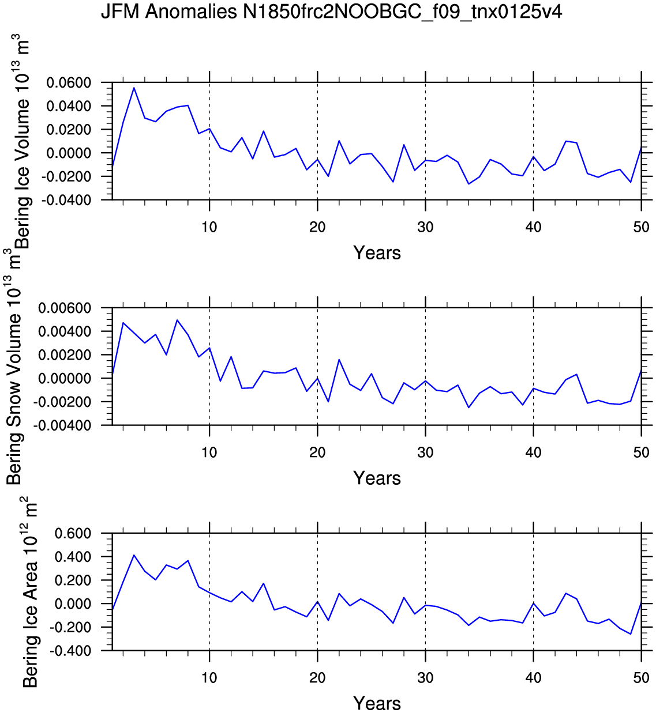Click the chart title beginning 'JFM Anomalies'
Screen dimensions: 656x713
click(x=331, y=12)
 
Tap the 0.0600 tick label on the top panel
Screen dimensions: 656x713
click(x=69, y=83)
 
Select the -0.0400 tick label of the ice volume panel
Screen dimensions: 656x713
click(x=66, y=201)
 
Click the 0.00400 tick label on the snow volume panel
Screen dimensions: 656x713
click(x=65, y=331)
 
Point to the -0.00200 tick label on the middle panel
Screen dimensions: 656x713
click(x=62, y=402)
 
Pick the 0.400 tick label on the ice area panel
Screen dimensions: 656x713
click(x=73, y=557)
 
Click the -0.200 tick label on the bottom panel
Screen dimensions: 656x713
click(x=70, y=627)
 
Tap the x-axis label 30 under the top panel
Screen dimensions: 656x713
click(x=425, y=227)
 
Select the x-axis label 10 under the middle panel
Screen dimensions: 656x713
click(x=209, y=452)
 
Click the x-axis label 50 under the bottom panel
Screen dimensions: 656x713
click(x=642, y=677)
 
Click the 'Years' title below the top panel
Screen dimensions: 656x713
click(x=377, y=252)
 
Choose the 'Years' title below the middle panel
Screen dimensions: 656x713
click(x=377, y=478)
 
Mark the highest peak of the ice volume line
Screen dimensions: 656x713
click(x=134, y=88)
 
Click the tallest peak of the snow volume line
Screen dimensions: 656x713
click(x=177, y=320)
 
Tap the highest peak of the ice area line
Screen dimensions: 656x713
click(x=134, y=555)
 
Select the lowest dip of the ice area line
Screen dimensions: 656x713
click(x=631, y=634)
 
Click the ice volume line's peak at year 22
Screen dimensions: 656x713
click(x=339, y=141)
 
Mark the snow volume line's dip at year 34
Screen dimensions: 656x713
click(x=468, y=408)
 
